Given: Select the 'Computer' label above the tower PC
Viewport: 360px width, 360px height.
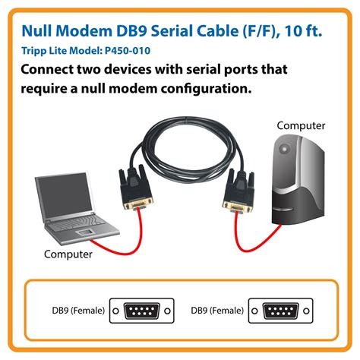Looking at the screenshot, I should (301, 125).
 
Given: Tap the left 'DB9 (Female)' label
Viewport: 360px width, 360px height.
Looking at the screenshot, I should (74, 310).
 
